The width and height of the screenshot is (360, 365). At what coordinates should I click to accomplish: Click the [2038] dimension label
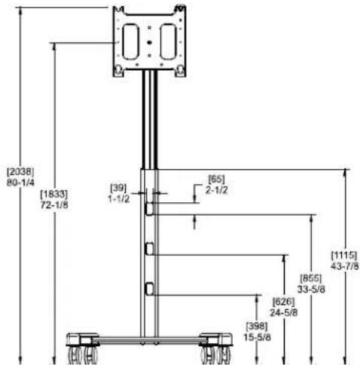tap(20, 172)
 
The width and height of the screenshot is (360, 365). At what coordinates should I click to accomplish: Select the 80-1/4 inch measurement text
tap(20, 182)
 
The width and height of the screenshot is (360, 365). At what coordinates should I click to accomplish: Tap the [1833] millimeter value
tap(54, 194)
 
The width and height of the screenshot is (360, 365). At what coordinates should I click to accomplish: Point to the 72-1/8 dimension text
tap(54, 205)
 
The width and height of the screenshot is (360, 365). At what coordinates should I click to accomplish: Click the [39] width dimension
tap(118, 188)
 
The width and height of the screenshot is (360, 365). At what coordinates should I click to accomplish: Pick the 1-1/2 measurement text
tap(118, 199)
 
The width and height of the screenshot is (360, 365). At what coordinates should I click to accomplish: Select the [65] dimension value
tap(216, 179)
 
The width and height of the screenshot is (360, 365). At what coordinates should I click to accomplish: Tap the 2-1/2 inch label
tap(217, 190)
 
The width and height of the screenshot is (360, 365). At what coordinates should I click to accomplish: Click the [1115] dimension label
tap(344, 255)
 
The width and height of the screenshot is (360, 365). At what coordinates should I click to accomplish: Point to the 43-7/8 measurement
tap(345, 266)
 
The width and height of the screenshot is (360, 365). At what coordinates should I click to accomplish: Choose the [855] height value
tap(311, 278)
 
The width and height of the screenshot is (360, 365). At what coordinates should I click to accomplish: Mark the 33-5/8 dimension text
tap(311, 289)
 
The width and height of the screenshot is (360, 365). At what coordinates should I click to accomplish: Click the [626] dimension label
tap(284, 301)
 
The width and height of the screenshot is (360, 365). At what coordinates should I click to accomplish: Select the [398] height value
tap(257, 327)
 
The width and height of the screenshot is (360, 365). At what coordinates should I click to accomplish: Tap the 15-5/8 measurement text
tap(257, 337)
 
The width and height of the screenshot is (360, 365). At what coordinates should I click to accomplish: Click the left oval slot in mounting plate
tap(130, 41)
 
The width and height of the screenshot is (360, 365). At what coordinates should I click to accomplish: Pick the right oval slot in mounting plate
tap(169, 41)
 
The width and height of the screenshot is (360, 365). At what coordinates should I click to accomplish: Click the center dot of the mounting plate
tap(149, 42)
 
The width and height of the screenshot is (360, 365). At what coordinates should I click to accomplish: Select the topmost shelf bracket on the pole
tap(149, 209)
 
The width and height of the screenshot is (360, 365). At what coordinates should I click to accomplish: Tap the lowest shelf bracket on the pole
tap(149, 289)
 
